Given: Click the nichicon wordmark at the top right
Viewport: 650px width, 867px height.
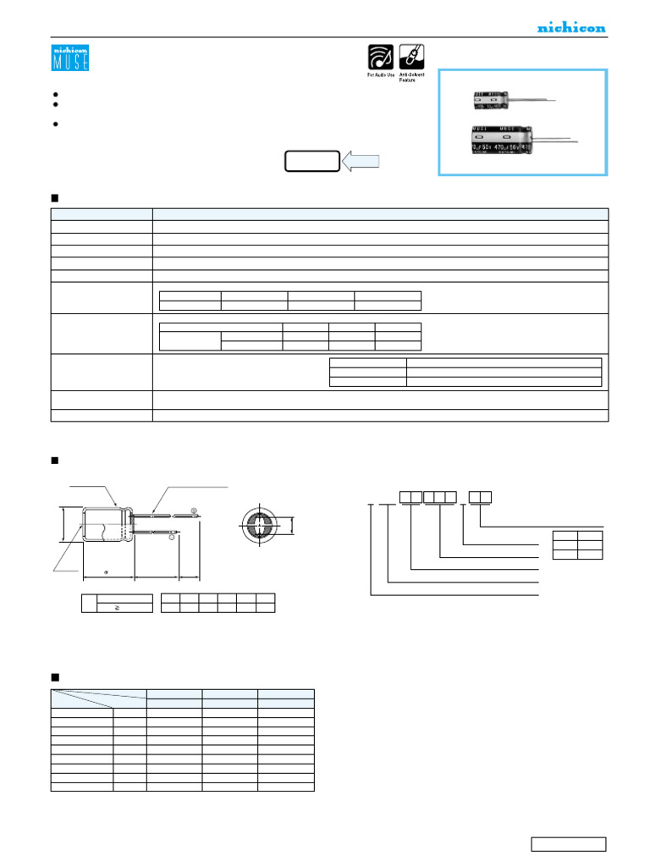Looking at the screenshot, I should tap(571, 28).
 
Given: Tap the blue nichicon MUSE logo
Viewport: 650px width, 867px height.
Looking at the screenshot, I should tap(70, 58).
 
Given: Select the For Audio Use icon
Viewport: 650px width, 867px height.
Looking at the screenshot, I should tap(380, 58).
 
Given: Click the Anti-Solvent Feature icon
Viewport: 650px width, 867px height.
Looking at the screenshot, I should tap(411, 58).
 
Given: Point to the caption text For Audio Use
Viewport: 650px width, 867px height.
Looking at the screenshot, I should tap(380, 76).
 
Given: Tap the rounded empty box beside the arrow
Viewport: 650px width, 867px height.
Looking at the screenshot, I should tap(311, 161).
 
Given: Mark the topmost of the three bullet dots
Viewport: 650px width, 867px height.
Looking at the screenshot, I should tap(55, 95).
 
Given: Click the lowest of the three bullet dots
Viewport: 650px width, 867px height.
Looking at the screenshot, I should tap(55, 124).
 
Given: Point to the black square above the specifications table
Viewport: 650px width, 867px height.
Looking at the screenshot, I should tap(55, 197).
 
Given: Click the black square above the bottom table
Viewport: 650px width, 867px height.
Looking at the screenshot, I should tap(55, 677).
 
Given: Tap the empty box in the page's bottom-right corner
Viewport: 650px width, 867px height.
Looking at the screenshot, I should tap(568, 843).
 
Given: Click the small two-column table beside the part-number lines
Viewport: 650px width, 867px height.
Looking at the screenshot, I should tap(577, 545).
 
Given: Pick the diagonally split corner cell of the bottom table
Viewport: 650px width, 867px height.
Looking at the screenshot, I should tap(98, 698).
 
